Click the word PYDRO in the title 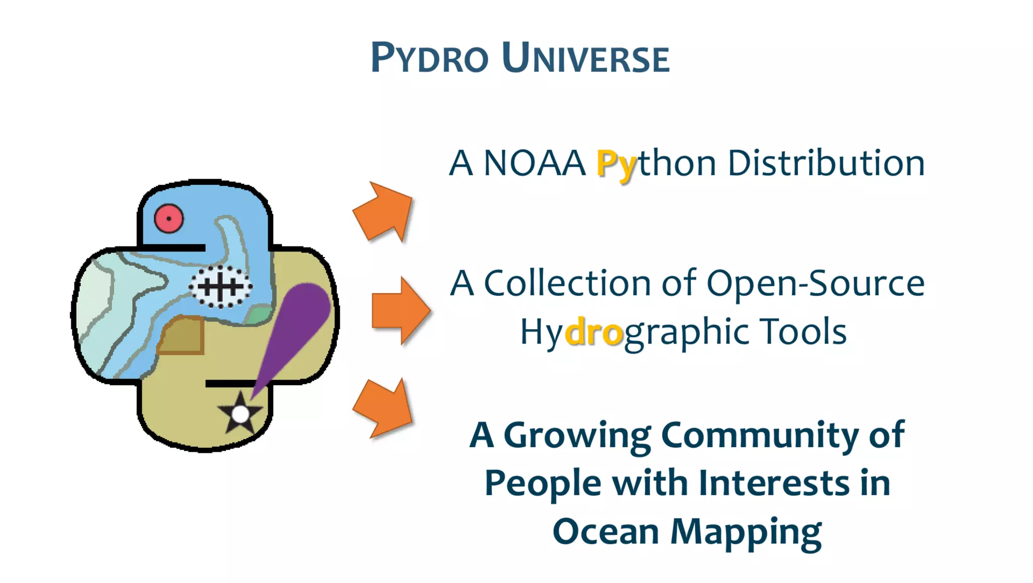point(429,58)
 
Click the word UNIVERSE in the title point(586,58)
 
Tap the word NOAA point(534,164)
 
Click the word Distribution point(826,164)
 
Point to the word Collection point(567,283)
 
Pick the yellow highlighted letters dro point(594,332)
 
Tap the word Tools point(804,332)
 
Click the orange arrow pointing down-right point(385,408)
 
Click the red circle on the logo point(168,219)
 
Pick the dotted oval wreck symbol point(220,287)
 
